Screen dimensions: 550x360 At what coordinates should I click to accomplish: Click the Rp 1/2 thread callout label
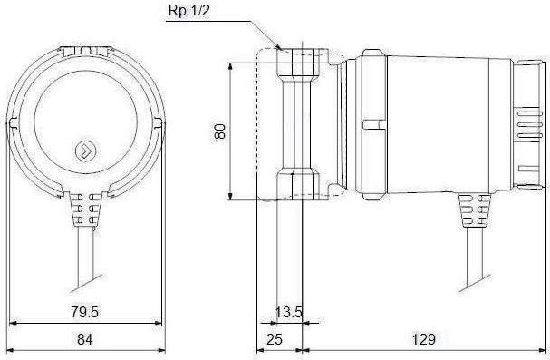click(x=188, y=10)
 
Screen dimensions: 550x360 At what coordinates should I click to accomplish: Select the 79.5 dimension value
click(x=85, y=312)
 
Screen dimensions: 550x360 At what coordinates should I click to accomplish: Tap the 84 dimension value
click(x=85, y=339)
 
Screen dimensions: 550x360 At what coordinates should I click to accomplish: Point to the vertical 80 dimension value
click(x=220, y=131)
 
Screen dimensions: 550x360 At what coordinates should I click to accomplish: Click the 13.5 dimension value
click(x=289, y=312)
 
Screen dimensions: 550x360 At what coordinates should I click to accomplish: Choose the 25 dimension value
click(x=275, y=339)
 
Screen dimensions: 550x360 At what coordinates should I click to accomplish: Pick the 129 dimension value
click(x=424, y=339)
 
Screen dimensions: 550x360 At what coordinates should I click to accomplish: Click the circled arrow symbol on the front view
click(x=86, y=151)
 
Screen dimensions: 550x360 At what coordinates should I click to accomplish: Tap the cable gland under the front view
click(x=85, y=209)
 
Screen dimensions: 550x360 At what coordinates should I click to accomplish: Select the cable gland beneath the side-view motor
click(x=474, y=209)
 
